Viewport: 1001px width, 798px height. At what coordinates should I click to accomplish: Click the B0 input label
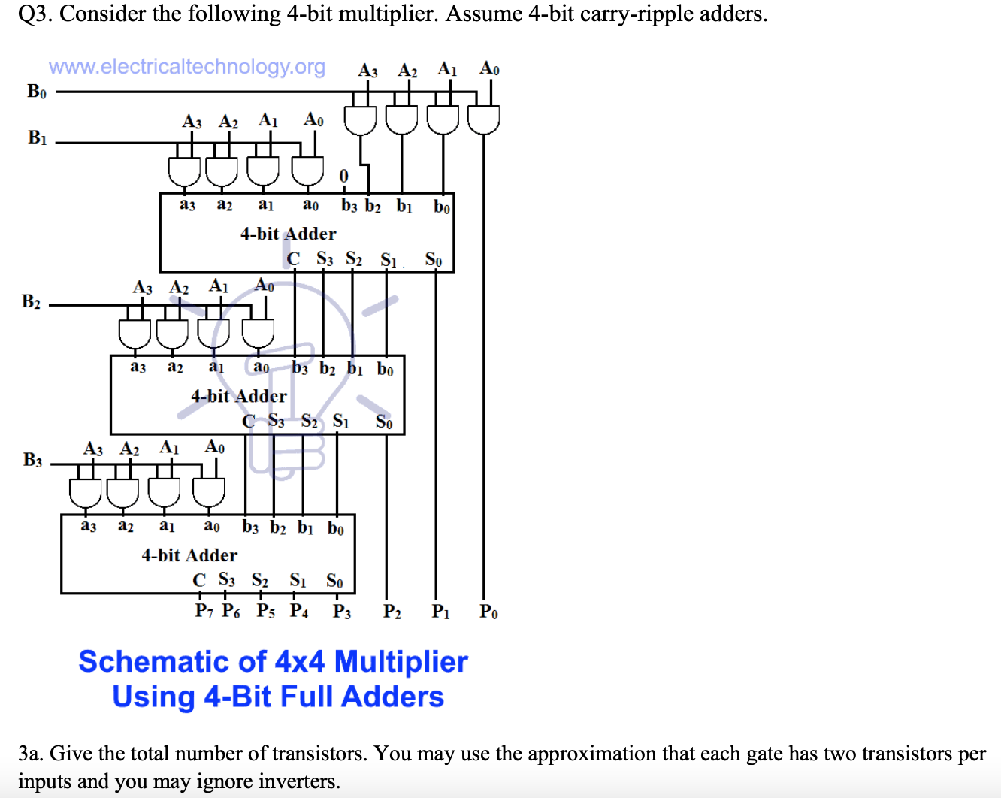click(x=37, y=92)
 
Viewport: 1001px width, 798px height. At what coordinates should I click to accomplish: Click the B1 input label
click(x=37, y=138)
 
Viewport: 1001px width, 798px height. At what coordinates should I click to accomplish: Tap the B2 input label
click(x=31, y=302)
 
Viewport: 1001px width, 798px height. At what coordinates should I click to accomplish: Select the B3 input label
click(x=32, y=460)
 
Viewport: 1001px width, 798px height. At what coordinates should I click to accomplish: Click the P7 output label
click(x=204, y=611)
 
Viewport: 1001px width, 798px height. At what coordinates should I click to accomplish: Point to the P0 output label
click(x=488, y=612)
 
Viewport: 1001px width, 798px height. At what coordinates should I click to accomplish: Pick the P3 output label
click(x=342, y=612)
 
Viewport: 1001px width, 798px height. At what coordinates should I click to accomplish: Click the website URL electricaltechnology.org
click(x=187, y=67)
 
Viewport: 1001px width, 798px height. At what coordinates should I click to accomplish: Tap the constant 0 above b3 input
click(x=343, y=176)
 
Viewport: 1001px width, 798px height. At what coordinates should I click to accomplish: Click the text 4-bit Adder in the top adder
click(x=288, y=234)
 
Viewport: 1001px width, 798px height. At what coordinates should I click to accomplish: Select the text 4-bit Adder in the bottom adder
click(x=189, y=555)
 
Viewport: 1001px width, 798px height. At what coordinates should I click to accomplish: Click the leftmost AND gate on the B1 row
click(x=184, y=171)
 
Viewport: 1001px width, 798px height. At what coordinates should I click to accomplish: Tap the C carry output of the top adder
click(x=293, y=259)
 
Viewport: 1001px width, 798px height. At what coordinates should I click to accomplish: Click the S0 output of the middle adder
click(x=384, y=422)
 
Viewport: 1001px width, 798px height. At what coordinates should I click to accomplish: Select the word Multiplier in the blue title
click(x=401, y=662)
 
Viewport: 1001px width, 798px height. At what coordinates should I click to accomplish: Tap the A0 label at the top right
click(x=489, y=69)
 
